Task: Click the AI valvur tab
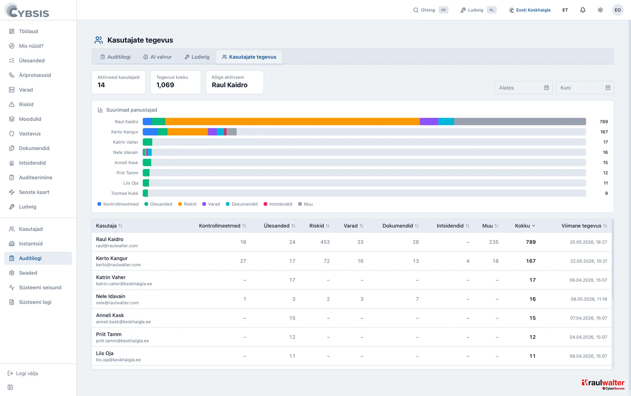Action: tap(157, 57)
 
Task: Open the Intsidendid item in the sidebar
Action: tap(32, 163)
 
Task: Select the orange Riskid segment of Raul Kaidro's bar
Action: tap(292, 121)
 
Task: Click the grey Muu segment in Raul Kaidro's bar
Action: tap(520, 121)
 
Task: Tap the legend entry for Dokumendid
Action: tap(242, 204)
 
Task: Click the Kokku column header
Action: tap(525, 226)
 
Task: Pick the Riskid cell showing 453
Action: tap(325, 242)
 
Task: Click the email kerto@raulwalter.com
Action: tap(118, 265)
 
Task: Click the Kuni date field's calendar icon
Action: tap(608, 88)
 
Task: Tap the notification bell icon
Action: tap(583, 10)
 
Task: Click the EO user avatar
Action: tap(618, 10)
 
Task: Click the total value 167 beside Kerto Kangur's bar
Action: tap(604, 132)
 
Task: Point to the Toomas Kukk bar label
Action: tap(125, 193)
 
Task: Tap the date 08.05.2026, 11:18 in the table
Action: tap(589, 299)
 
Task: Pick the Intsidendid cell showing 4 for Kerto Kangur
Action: tap(468, 261)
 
